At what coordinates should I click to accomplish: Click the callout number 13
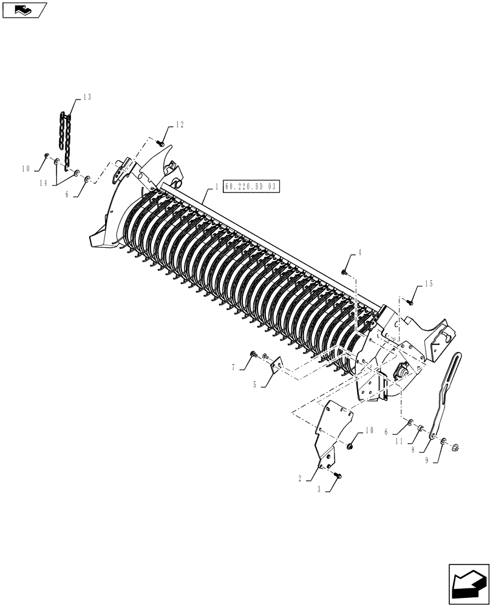tap(87, 98)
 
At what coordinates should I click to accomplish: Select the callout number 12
tap(179, 124)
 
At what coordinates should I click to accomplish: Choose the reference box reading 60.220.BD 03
tap(250, 187)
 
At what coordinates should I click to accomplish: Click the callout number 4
tap(359, 253)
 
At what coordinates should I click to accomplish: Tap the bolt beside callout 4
tap(344, 273)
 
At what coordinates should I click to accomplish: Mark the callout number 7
tap(233, 367)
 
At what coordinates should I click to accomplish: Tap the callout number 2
tap(300, 479)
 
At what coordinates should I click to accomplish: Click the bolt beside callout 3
tap(338, 476)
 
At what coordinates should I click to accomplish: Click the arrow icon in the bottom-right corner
tap(467, 584)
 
